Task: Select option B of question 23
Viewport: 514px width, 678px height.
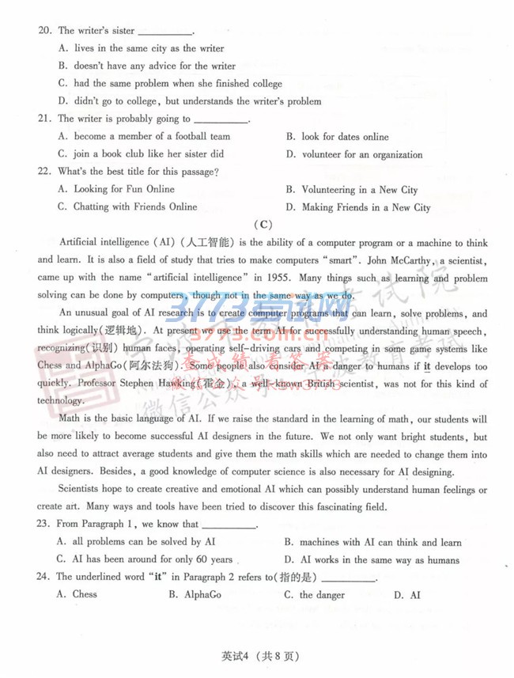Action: [372, 543]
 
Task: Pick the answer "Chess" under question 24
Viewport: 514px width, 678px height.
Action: [85, 595]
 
